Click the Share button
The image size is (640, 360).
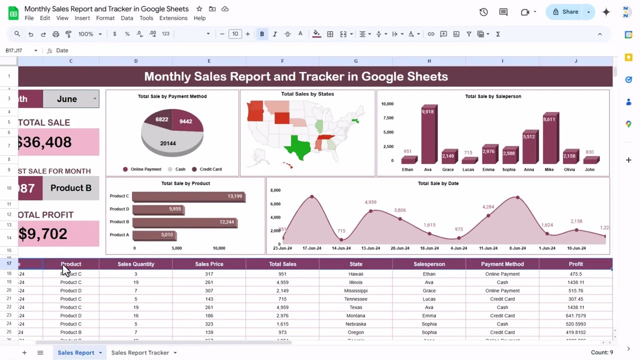(566, 12)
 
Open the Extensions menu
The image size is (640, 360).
(173, 18)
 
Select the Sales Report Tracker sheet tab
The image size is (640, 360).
(140, 352)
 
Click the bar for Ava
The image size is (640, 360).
(428, 135)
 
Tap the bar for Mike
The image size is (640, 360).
(550, 139)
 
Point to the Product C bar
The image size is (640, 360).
(188, 196)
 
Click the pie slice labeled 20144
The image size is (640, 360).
(167, 143)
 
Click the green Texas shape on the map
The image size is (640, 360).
(300, 146)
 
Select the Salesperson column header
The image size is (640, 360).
(429, 264)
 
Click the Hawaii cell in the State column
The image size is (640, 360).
(356, 274)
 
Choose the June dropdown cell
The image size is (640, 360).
(70, 99)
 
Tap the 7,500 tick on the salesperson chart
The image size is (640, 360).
(387, 118)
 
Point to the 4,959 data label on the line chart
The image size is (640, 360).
(370, 202)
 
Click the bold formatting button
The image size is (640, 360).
(262, 34)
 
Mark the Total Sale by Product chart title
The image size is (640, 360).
(185, 183)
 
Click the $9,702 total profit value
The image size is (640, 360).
(43, 233)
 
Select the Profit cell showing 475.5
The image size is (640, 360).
(575, 274)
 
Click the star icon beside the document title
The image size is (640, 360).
(199, 9)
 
